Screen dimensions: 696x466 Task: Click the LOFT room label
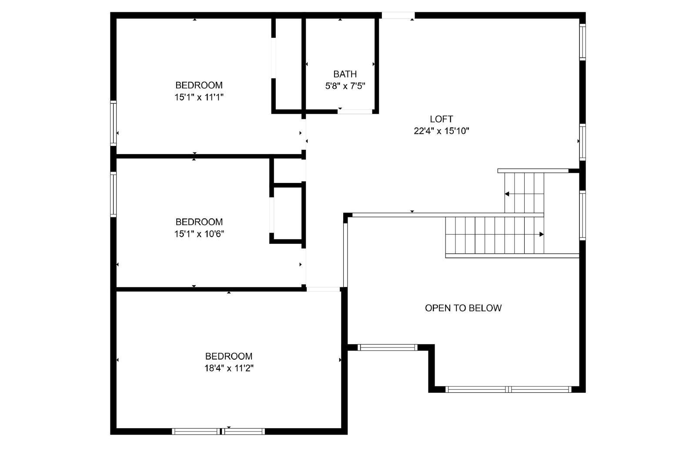coord(441,119)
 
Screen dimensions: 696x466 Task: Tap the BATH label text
coord(345,74)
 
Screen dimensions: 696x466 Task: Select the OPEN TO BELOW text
coord(463,308)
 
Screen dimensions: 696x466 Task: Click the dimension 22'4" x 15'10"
coord(441,131)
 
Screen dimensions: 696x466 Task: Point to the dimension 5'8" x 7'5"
coord(345,86)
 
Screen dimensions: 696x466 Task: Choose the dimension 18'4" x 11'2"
coord(229,368)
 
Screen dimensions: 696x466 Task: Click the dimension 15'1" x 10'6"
coord(199,234)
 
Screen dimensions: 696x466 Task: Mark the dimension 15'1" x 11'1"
coord(199,98)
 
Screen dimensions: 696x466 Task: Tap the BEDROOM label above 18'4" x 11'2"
coord(229,356)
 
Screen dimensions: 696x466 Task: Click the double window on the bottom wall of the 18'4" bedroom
coord(218,432)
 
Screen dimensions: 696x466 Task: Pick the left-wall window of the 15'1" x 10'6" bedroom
coord(114,194)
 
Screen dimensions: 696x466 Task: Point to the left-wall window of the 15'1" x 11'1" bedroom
coord(114,123)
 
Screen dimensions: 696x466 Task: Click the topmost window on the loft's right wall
coord(582,42)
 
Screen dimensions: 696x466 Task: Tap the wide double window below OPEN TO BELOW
coord(509,389)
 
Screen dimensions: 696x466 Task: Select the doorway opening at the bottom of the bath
coord(355,111)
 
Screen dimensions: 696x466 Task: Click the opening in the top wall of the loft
coord(398,15)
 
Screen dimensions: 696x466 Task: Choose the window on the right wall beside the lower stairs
coord(582,216)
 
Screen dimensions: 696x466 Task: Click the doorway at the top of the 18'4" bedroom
coord(323,289)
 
